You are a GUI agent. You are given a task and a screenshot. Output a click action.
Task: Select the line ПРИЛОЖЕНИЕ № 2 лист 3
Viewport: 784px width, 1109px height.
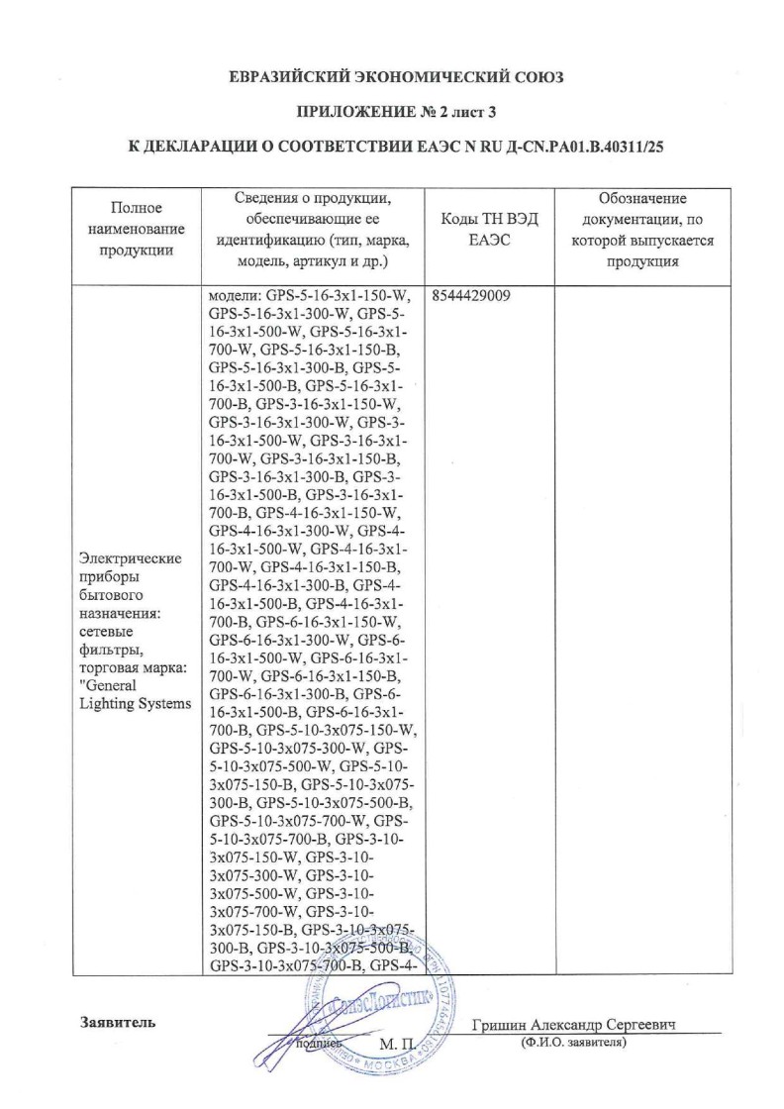point(396,111)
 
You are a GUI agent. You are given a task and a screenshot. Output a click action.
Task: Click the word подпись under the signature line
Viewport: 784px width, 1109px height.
point(320,1044)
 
